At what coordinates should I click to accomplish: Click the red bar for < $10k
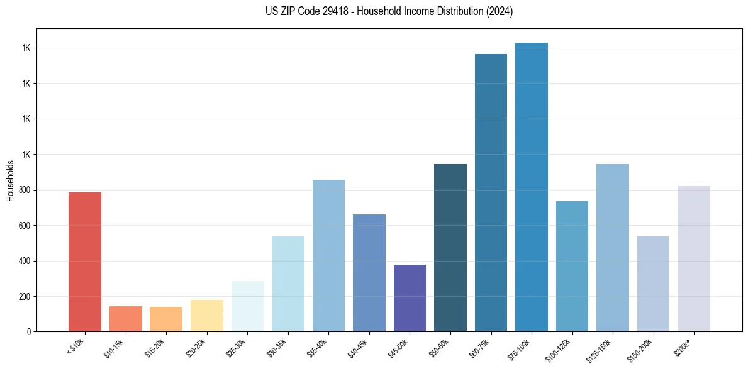(x=85, y=262)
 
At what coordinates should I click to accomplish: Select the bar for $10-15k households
(x=125, y=319)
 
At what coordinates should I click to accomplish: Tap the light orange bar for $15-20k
(x=166, y=319)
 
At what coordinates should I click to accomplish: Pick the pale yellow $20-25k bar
(x=207, y=316)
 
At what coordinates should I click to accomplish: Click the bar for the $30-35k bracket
(x=288, y=284)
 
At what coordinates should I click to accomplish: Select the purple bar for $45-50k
(x=410, y=298)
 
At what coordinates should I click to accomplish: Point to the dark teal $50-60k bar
(x=450, y=248)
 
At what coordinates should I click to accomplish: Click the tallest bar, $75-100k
(x=532, y=187)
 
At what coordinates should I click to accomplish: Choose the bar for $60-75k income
(x=491, y=192)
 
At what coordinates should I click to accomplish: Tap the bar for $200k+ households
(x=694, y=258)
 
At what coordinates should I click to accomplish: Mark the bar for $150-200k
(x=653, y=284)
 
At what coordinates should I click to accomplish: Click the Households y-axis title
(x=11, y=180)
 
